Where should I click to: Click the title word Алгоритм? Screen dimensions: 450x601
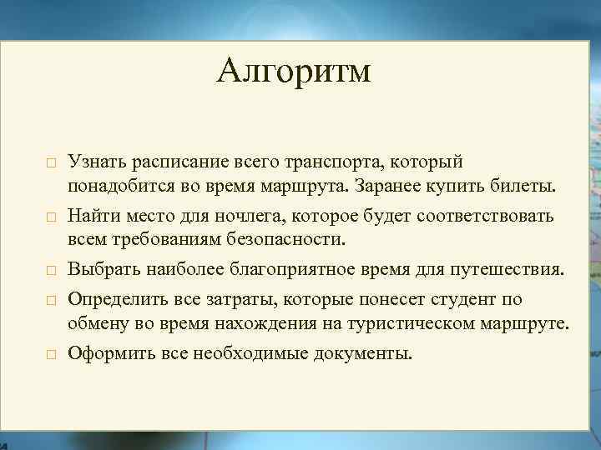293,72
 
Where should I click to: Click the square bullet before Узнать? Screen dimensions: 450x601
51,162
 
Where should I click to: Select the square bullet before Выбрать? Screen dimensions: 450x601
51,272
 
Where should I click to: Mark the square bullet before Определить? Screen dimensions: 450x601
51,299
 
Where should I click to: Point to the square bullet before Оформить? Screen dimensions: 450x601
51,354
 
